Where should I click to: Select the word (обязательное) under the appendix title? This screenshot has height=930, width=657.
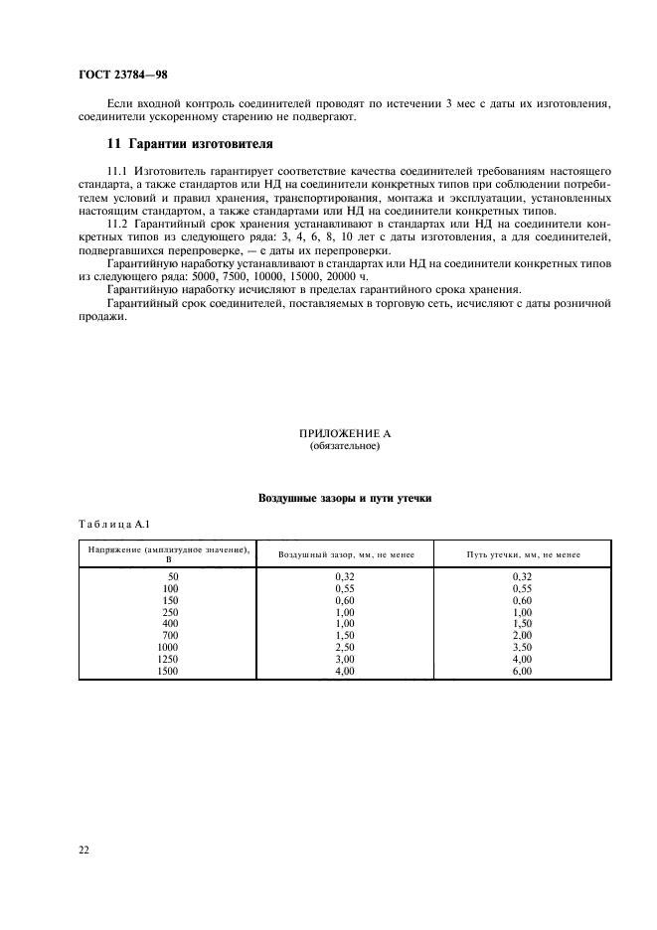(x=345, y=447)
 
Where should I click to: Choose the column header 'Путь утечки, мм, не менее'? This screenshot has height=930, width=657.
(x=523, y=554)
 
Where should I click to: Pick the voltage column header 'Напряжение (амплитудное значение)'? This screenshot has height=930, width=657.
(x=168, y=549)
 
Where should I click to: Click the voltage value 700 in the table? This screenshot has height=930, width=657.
(x=170, y=634)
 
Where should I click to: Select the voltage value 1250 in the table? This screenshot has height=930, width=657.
(x=168, y=658)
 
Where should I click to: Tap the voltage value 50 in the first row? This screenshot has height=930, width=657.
(x=173, y=575)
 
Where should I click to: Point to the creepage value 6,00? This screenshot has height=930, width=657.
(x=523, y=670)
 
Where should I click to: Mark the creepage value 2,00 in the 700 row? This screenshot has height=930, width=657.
(x=523, y=634)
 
